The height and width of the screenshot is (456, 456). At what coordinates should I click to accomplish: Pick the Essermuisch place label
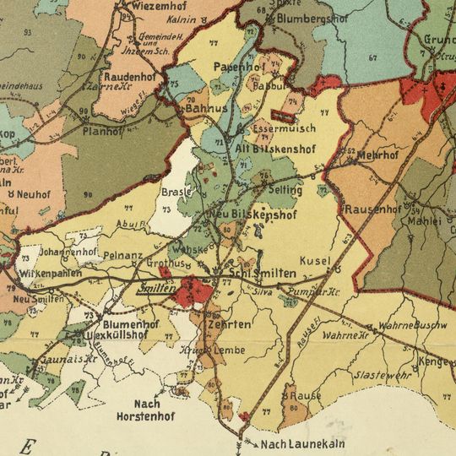[x=284, y=129]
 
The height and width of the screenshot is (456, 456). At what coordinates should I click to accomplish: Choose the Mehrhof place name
[x=377, y=156]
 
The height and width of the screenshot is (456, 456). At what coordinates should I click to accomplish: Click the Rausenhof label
[x=372, y=209]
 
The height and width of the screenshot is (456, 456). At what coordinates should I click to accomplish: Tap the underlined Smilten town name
[x=155, y=288]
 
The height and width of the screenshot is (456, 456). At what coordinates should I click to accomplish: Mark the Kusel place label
[x=313, y=261]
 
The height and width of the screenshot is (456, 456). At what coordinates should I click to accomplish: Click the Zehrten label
[x=228, y=324]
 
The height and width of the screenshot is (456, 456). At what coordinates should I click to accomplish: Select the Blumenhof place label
[x=130, y=323]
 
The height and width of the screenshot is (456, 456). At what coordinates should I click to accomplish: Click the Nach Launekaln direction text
[x=297, y=445]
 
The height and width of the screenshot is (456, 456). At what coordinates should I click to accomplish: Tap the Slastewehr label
[x=383, y=374]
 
